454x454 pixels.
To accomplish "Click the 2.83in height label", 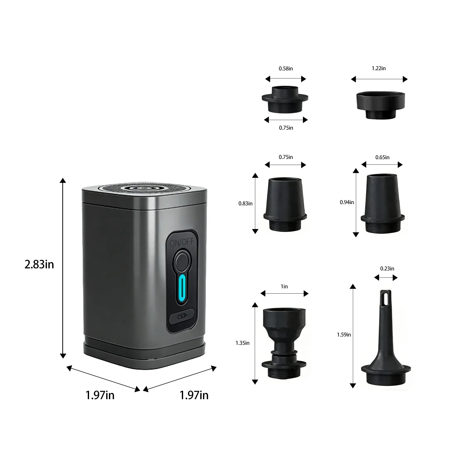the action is coord(39,264).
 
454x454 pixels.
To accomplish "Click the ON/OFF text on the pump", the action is coord(182,242).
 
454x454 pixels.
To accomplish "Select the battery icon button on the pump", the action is coord(182,316).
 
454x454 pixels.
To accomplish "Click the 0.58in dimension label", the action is coord(286,69).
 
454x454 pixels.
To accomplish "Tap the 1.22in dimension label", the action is coord(379,68).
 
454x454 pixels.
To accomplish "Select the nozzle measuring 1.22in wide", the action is coord(381,105).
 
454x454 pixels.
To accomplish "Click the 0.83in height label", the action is coord(245,204).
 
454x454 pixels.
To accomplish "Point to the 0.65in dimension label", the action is coord(382,157).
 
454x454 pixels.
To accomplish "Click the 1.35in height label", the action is coord(242,343).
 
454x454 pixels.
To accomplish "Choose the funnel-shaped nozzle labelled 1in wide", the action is coord(284,343).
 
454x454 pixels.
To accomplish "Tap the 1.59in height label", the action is coord(344,335).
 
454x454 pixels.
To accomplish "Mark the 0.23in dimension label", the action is coord(387,269).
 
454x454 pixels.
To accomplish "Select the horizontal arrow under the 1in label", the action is coord(285,293).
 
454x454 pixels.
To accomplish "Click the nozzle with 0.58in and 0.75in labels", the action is coord(285,99).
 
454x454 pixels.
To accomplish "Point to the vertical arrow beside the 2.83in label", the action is coord(63,268).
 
